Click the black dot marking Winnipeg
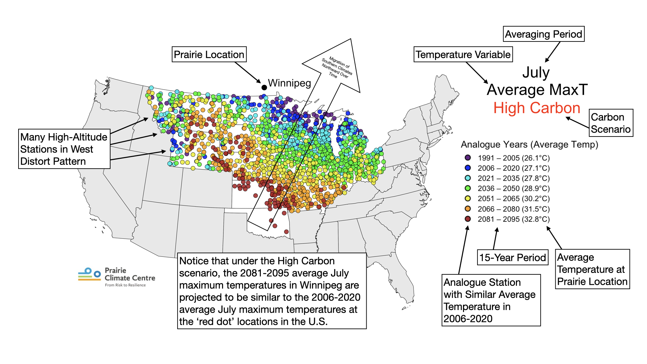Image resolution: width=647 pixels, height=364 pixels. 264,87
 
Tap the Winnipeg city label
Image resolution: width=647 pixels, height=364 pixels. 289,83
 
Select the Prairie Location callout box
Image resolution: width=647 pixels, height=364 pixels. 209,55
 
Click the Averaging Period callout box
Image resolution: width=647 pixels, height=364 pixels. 543,34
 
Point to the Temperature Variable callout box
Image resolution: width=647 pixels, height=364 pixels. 463,55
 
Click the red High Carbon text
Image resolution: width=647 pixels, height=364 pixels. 536,108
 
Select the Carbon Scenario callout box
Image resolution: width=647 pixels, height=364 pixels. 610,123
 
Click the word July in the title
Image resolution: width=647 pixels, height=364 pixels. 536,72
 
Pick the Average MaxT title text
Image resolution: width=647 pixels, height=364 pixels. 537,90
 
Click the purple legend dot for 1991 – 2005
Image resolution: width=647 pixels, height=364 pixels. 468,158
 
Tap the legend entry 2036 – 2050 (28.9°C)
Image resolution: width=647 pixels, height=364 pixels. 513,188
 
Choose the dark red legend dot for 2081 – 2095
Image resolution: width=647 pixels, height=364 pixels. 468,219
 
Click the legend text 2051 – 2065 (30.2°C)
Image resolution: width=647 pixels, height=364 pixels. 513,199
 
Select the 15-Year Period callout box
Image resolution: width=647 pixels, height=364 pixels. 512,257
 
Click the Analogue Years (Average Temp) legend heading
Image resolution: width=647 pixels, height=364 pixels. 529,145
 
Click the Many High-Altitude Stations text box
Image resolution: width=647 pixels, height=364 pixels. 64,149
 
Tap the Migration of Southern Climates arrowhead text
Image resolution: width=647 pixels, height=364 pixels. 337,67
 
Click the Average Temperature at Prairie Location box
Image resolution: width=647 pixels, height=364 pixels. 592,269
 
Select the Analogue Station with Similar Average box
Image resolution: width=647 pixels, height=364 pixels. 491,300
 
